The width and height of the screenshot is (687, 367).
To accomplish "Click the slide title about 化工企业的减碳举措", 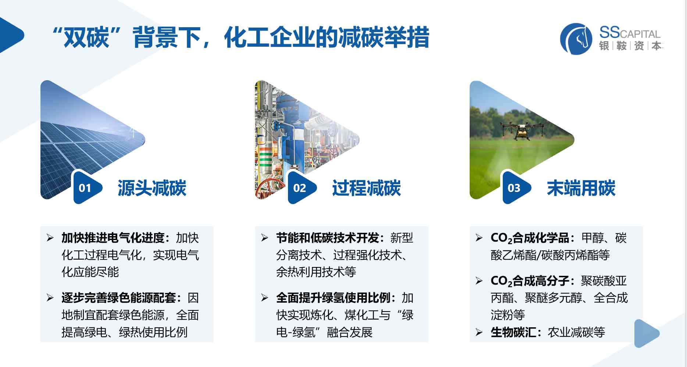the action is click(241, 38).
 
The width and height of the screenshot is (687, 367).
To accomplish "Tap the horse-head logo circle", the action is click(576, 39).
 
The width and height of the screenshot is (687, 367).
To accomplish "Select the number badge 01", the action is click(85, 188).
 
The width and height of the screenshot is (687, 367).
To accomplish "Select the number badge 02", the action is click(300, 188).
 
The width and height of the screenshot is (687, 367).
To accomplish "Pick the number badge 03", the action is click(515, 188).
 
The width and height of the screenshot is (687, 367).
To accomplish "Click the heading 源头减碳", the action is click(152, 188).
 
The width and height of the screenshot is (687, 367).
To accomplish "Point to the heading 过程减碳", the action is click(366, 188).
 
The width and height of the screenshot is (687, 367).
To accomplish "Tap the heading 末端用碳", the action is click(581, 188).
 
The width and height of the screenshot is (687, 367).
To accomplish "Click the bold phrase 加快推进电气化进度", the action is click(113, 238).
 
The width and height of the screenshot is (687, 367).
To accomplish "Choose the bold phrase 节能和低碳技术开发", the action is click(328, 238).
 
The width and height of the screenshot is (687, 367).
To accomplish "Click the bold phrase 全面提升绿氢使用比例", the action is click(333, 297).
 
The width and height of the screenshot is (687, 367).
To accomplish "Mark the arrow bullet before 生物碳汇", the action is click(479, 332).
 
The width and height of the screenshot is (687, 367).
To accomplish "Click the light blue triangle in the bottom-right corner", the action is click(647, 334).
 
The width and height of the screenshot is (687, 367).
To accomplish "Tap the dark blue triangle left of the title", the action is click(11, 35).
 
